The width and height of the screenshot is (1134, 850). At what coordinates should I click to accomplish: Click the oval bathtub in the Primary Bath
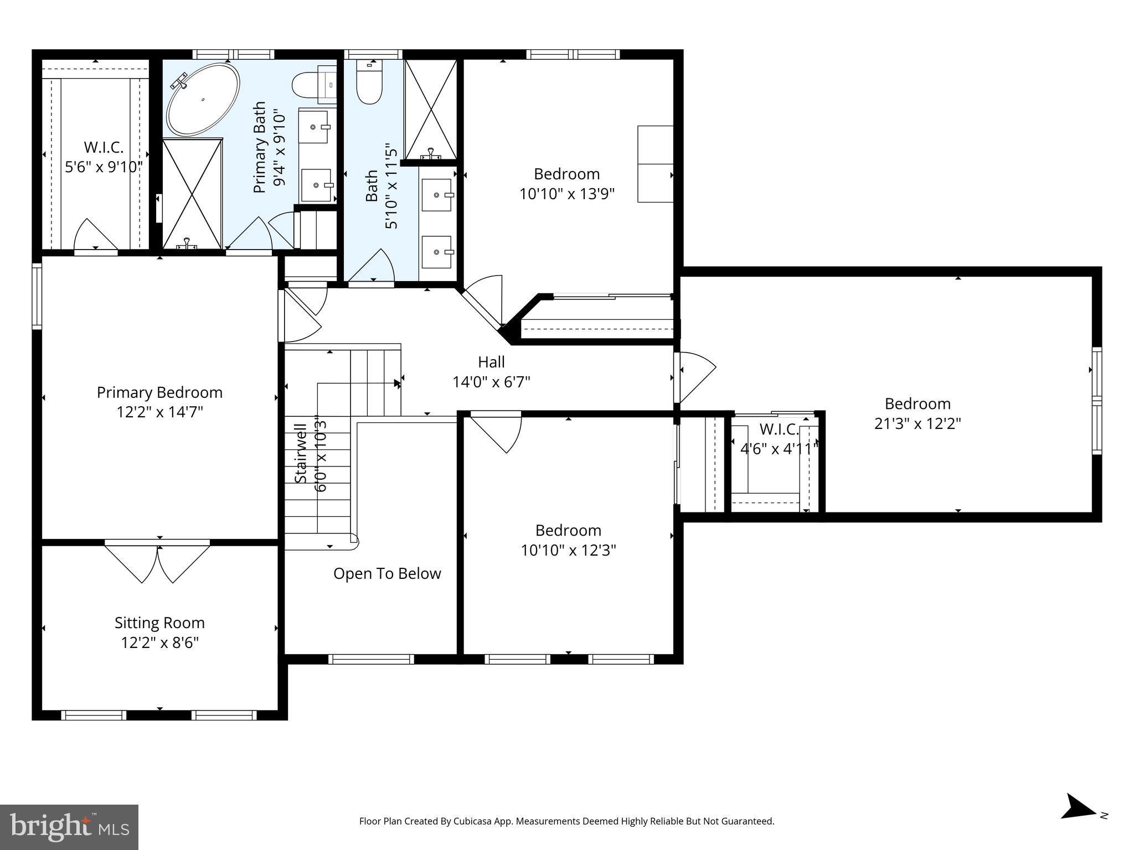coord(203,100)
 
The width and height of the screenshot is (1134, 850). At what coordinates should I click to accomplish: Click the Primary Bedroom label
coord(159,392)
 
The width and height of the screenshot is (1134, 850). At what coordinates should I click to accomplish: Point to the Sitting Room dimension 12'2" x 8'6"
coord(159,642)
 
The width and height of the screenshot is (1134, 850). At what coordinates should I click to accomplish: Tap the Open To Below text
coord(387,573)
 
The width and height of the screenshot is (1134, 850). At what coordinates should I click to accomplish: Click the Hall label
coord(491,362)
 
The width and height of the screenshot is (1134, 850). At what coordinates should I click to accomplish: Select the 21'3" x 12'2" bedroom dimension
coord(917,423)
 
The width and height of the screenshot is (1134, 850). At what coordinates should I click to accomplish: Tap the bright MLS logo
coord(69,827)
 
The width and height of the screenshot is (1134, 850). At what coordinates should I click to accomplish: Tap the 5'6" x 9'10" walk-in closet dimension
coord(104,167)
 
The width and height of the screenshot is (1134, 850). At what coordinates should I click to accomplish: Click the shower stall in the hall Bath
coord(431,109)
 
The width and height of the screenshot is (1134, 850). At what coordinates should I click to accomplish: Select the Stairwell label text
coord(301,453)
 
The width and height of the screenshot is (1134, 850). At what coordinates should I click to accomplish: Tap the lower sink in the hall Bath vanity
coord(436,252)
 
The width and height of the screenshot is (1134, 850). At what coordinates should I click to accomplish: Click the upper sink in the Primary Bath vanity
coord(313,127)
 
